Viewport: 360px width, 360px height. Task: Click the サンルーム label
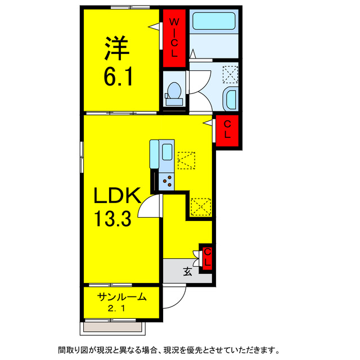[x=122, y=296]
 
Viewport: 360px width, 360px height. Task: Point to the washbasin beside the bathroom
[x=229, y=99]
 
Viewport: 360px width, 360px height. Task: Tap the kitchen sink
[x=166, y=154]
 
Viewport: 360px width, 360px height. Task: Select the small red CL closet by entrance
[x=207, y=257]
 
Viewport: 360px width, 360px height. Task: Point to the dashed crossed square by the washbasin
[x=230, y=74]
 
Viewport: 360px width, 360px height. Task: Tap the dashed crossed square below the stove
[x=201, y=206]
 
